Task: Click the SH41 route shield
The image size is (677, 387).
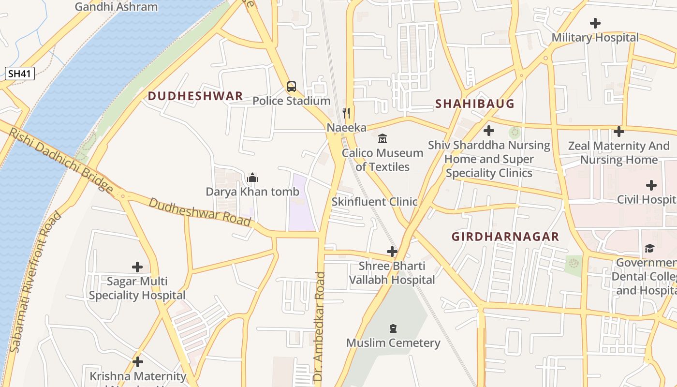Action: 20,74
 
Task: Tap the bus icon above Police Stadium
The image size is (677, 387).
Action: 291,87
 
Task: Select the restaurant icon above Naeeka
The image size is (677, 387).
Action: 346,113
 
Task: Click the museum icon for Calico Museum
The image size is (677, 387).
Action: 383,139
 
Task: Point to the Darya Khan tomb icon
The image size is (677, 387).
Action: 252,178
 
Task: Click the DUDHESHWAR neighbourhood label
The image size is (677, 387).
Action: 195,96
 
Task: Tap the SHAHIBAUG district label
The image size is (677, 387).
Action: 474,104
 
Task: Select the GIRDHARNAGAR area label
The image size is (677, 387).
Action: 505,237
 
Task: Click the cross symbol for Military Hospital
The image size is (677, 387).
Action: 595,23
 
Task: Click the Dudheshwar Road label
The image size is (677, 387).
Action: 200,212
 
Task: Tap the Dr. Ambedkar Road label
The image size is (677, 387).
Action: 319,329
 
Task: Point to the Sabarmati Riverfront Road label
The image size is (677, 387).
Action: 36,282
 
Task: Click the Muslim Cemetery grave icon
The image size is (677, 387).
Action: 393,329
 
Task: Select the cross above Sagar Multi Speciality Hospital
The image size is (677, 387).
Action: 137,267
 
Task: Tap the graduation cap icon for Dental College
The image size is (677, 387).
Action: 649,248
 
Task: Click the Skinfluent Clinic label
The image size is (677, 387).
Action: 374,202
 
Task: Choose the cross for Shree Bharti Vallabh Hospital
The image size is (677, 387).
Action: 392,252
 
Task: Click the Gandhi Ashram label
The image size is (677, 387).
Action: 116,7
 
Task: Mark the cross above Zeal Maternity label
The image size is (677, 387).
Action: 618,131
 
